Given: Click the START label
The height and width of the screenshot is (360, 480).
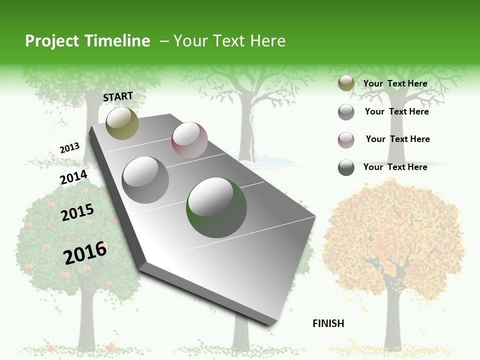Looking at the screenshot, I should (x=118, y=96).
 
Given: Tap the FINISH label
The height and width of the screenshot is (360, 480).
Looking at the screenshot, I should (x=328, y=323).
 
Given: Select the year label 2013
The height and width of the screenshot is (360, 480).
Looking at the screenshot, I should (x=69, y=148).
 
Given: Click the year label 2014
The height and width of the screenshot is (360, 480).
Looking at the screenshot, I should (x=73, y=177).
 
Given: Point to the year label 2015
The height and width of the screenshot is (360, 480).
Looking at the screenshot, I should (x=77, y=212).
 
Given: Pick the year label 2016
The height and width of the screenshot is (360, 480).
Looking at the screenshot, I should (x=85, y=253).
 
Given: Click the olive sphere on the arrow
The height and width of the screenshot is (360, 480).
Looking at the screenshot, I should (x=122, y=123).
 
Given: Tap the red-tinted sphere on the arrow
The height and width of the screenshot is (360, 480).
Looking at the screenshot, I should (x=189, y=140).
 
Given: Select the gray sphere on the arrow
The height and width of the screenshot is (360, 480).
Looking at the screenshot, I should (x=145, y=180).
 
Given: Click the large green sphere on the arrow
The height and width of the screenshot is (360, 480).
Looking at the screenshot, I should (x=216, y=207).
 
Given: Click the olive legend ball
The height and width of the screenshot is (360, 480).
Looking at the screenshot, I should (x=346, y=83).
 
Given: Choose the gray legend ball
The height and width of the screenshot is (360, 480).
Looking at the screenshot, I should (x=346, y=112).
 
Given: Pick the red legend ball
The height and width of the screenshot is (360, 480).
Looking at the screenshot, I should (x=346, y=139).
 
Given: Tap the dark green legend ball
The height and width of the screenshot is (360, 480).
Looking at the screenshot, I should (x=346, y=167).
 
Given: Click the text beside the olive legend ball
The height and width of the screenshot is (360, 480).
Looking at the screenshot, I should (x=395, y=83).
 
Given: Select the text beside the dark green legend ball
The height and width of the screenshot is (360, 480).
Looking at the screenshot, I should (x=395, y=167).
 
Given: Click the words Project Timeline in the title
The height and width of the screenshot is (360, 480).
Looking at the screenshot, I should (x=87, y=41).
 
